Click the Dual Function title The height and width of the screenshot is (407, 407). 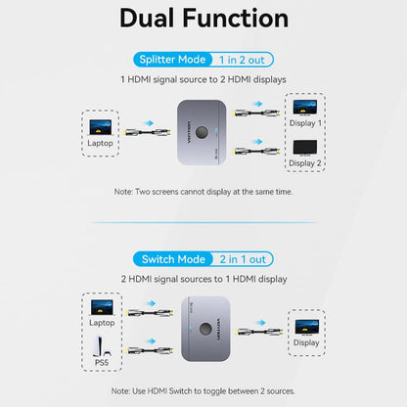(x=203, y=19)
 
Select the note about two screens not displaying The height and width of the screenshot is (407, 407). (x=203, y=192)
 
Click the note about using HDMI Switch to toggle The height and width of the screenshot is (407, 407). (x=203, y=391)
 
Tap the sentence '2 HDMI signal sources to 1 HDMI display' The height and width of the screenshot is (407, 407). (x=203, y=278)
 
